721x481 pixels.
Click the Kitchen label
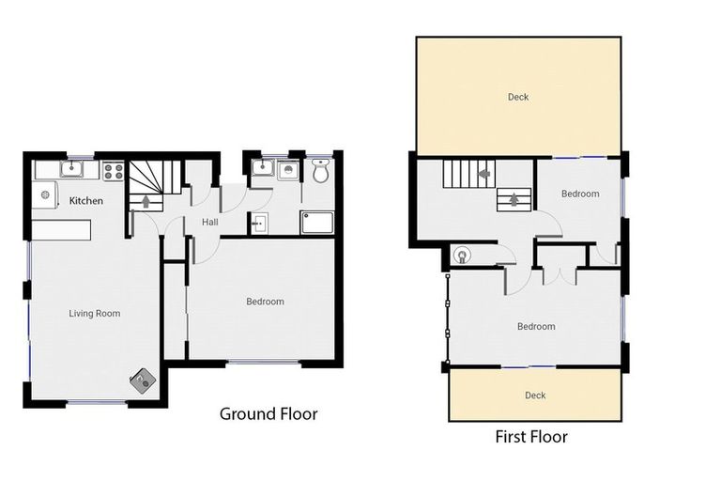pyautogui.click(x=85, y=201)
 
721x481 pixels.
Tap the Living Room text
pyautogui.click(x=95, y=313)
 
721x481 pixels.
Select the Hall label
pyautogui.click(x=210, y=223)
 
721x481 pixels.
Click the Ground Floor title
pyautogui.click(x=268, y=413)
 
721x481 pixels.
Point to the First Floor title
pyautogui.click(x=531, y=437)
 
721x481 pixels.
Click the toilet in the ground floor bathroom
pyautogui.click(x=320, y=171)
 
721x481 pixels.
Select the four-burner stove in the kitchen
pyautogui.click(x=113, y=171)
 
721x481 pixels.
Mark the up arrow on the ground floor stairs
pyautogui.click(x=146, y=200)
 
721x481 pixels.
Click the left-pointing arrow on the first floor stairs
pyautogui.click(x=484, y=174)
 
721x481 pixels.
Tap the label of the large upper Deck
pyautogui.click(x=518, y=97)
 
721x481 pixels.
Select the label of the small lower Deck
pyautogui.click(x=534, y=396)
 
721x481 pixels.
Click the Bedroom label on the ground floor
pyautogui.click(x=265, y=302)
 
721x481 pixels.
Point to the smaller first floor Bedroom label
pyautogui.click(x=580, y=194)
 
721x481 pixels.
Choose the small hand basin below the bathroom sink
pyautogui.click(x=259, y=223)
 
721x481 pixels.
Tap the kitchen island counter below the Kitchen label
pyautogui.click(x=62, y=228)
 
